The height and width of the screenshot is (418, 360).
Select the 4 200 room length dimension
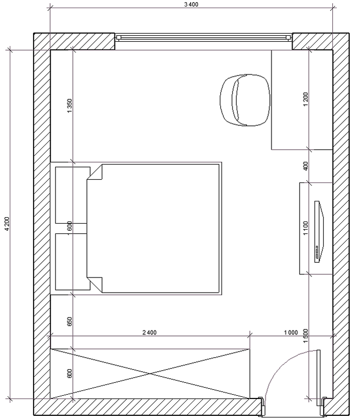click(6, 224)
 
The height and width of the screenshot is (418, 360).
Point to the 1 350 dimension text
click(70, 105)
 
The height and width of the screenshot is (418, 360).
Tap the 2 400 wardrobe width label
click(149, 332)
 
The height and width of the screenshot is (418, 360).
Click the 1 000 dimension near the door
click(290, 332)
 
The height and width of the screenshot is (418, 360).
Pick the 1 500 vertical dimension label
click(306, 337)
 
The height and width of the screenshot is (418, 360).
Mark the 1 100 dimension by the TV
click(306, 229)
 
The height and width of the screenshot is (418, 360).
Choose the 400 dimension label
click(306, 166)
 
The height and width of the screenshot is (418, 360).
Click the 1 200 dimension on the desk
click(306, 99)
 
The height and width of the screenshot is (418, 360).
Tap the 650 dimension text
click(70, 321)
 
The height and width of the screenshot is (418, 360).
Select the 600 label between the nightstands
click(70, 226)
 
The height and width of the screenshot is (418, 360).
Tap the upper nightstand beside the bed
click(72, 195)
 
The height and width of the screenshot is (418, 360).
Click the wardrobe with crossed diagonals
click(150, 372)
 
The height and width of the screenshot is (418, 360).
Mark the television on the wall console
click(318, 231)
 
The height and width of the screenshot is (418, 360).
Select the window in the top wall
click(203, 37)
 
